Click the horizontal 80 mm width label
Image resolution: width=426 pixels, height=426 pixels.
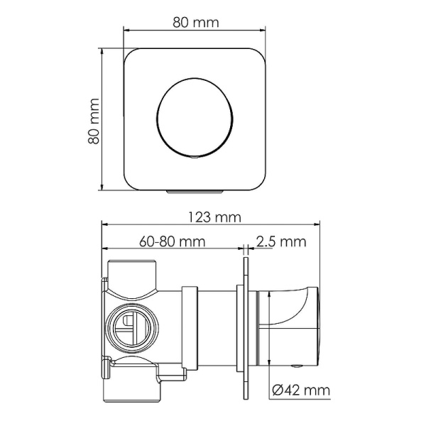pyautogui.click(x=196, y=21)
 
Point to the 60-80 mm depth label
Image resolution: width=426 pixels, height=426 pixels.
pyautogui.click(x=173, y=241)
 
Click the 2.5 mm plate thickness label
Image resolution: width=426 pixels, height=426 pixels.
pyautogui.click(x=280, y=241)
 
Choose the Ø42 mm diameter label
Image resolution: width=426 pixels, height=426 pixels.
pyautogui.click(x=300, y=389)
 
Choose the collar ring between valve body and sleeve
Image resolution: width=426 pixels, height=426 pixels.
pyautogui.click(x=190, y=327)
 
